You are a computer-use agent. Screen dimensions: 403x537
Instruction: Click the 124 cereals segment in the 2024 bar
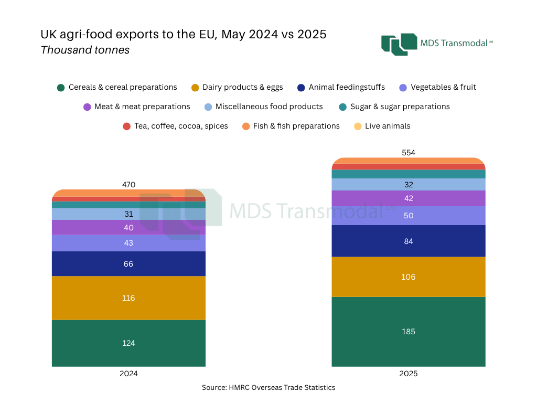pos(128,343)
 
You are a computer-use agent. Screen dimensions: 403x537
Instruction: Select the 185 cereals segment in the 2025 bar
pos(409,331)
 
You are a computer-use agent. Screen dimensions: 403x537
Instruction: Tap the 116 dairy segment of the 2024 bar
pos(128,298)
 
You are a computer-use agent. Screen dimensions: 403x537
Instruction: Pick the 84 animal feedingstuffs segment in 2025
pos(409,241)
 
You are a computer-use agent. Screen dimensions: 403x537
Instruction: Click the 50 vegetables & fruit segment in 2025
pos(409,216)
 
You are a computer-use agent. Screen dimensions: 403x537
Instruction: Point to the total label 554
pos(409,153)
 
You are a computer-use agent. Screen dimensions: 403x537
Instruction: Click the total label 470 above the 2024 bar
pos(128,185)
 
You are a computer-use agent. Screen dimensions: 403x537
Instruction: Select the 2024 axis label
pos(128,374)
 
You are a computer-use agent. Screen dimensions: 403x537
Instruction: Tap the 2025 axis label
pos(409,374)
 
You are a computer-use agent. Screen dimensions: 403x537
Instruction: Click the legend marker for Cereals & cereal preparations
pos(61,88)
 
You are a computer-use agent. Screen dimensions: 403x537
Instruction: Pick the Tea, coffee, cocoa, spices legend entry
pos(175,126)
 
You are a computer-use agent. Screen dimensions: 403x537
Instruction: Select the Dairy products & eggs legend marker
pos(195,88)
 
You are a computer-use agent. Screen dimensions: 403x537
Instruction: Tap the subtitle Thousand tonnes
pos(85,50)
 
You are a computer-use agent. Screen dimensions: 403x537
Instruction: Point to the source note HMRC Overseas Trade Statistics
pos(268,387)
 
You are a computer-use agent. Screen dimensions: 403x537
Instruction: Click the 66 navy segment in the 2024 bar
pos(128,263)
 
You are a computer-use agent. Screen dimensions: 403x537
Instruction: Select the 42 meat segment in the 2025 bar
pos(409,198)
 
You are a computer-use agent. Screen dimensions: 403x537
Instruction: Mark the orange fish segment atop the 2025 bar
pos(409,161)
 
